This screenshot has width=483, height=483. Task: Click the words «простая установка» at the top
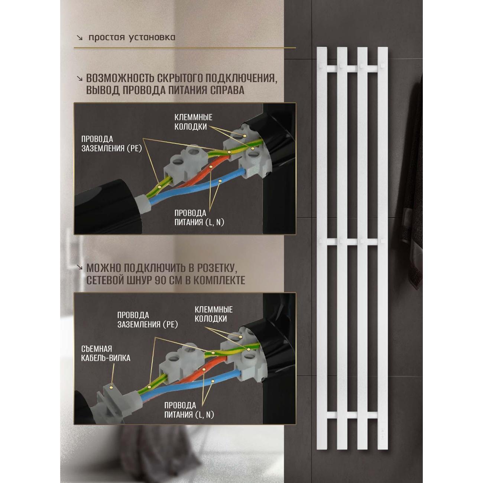[132, 38]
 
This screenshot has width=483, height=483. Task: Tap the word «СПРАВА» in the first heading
[227, 90]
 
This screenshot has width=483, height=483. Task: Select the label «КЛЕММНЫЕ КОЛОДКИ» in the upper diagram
[193, 122]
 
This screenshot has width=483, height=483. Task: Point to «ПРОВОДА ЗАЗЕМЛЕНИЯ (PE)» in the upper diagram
[111, 144]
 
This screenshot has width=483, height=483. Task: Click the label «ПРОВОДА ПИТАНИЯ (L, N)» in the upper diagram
[199, 218]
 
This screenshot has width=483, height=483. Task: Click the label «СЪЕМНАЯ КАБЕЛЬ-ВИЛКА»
[106, 353]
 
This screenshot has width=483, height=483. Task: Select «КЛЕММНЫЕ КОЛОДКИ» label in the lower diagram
[214, 314]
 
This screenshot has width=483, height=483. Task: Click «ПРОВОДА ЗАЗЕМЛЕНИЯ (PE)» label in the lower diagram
[148, 320]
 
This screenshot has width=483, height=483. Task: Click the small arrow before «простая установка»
[80, 38]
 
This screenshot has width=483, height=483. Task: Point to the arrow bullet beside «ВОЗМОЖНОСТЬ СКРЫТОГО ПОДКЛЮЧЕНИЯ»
[80, 78]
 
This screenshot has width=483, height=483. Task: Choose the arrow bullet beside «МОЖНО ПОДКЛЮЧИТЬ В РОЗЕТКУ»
[80, 267]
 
